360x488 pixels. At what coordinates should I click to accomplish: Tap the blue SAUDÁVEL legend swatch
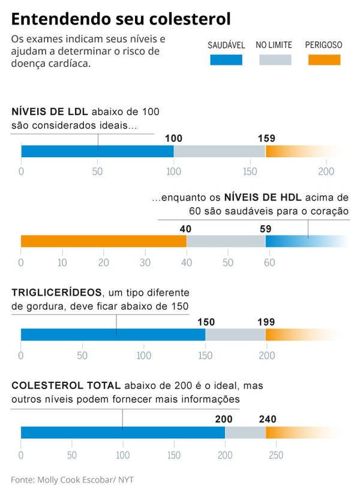[226, 59]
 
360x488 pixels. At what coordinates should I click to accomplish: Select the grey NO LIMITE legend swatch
[274, 59]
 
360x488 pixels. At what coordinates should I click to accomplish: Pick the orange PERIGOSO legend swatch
[323, 59]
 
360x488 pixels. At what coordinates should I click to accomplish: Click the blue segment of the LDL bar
[97, 151]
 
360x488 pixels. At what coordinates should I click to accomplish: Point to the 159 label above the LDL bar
[266, 138]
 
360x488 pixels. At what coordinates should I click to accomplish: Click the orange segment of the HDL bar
[103, 241]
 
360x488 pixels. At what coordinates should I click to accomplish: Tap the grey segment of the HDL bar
[226, 241]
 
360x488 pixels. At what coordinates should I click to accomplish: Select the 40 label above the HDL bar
[185, 228]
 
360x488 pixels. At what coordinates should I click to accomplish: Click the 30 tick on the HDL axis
[145, 262]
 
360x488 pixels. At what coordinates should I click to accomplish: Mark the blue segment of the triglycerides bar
[113, 335]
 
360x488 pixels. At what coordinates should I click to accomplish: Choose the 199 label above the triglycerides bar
[266, 322]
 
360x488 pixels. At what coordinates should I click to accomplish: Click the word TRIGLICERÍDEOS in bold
[56, 292]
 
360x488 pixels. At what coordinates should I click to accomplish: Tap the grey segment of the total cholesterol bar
[245, 432]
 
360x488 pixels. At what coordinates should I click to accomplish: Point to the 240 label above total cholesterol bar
[267, 419]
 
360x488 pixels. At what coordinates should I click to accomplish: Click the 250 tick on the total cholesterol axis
[276, 454]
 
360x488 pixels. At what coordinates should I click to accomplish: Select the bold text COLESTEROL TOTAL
[66, 385]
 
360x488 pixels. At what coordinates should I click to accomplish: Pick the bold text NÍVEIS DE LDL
[50, 112]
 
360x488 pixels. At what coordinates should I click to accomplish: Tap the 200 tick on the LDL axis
[326, 172]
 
